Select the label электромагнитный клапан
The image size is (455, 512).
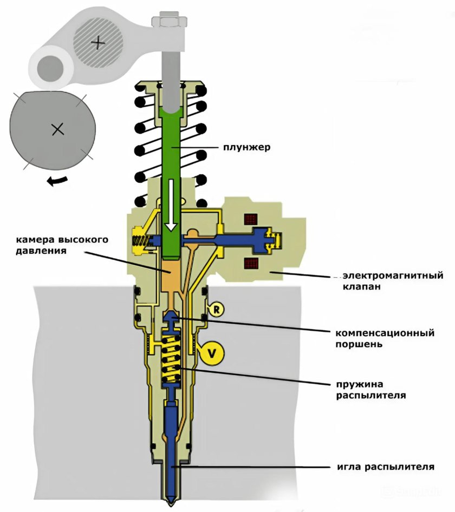point(389,281)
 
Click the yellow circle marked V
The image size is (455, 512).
point(212,353)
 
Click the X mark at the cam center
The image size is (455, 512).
point(57,129)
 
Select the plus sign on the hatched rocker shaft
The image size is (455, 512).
point(98,42)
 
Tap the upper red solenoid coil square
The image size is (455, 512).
point(250,219)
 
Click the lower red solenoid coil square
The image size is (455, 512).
point(250,265)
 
